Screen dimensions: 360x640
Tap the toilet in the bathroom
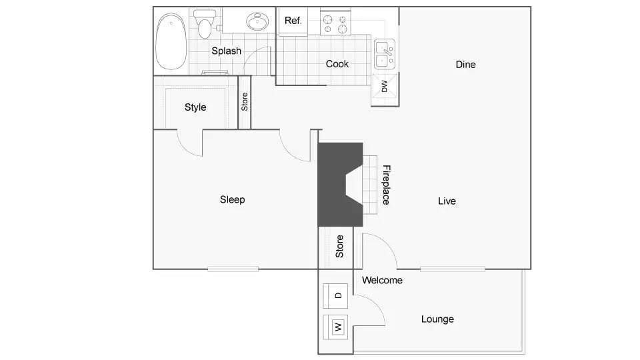pos(205,27)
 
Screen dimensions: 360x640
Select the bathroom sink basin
pos(257,22)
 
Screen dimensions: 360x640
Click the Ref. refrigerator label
pos(293,21)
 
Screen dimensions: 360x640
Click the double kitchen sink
pos(383,55)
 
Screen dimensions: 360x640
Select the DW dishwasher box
pos(385,87)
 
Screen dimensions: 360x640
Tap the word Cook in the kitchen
pos(337,64)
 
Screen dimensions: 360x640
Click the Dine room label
pos(465,65)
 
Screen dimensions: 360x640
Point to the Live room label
pos(447,201)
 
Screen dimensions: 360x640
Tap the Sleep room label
pos(232,199)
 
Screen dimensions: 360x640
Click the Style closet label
pos(195,107)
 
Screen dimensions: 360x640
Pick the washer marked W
pos(337,327)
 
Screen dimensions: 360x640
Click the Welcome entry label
pos(382,281)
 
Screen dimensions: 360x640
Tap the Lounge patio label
pos(437,319)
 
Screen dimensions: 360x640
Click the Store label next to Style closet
pos(245,102)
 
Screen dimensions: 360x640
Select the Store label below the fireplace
pos(339,247)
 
